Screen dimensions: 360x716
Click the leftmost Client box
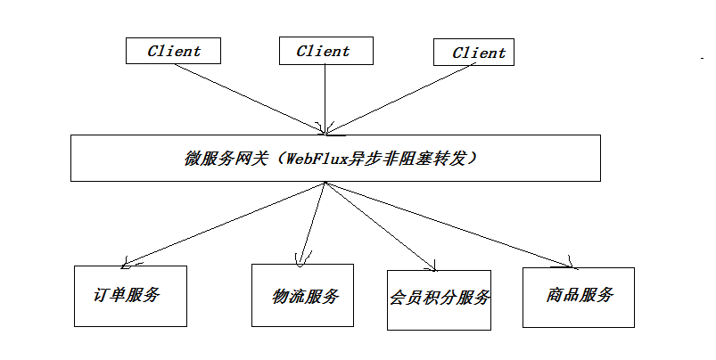[x=174, y=51]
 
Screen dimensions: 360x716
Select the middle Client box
[x=323, y=51]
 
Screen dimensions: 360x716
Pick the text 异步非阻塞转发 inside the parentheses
[x=418, y=159]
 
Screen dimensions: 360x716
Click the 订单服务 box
[x=129, y=296]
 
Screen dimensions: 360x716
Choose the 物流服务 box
[x=302, y=295]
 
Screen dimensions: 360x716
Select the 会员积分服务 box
[x=439, y=299]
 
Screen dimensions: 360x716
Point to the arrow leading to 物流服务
[x=314, y=223]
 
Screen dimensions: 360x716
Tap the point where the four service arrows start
[x=326, y=183]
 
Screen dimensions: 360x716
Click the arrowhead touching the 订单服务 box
[x=129, y=264]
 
